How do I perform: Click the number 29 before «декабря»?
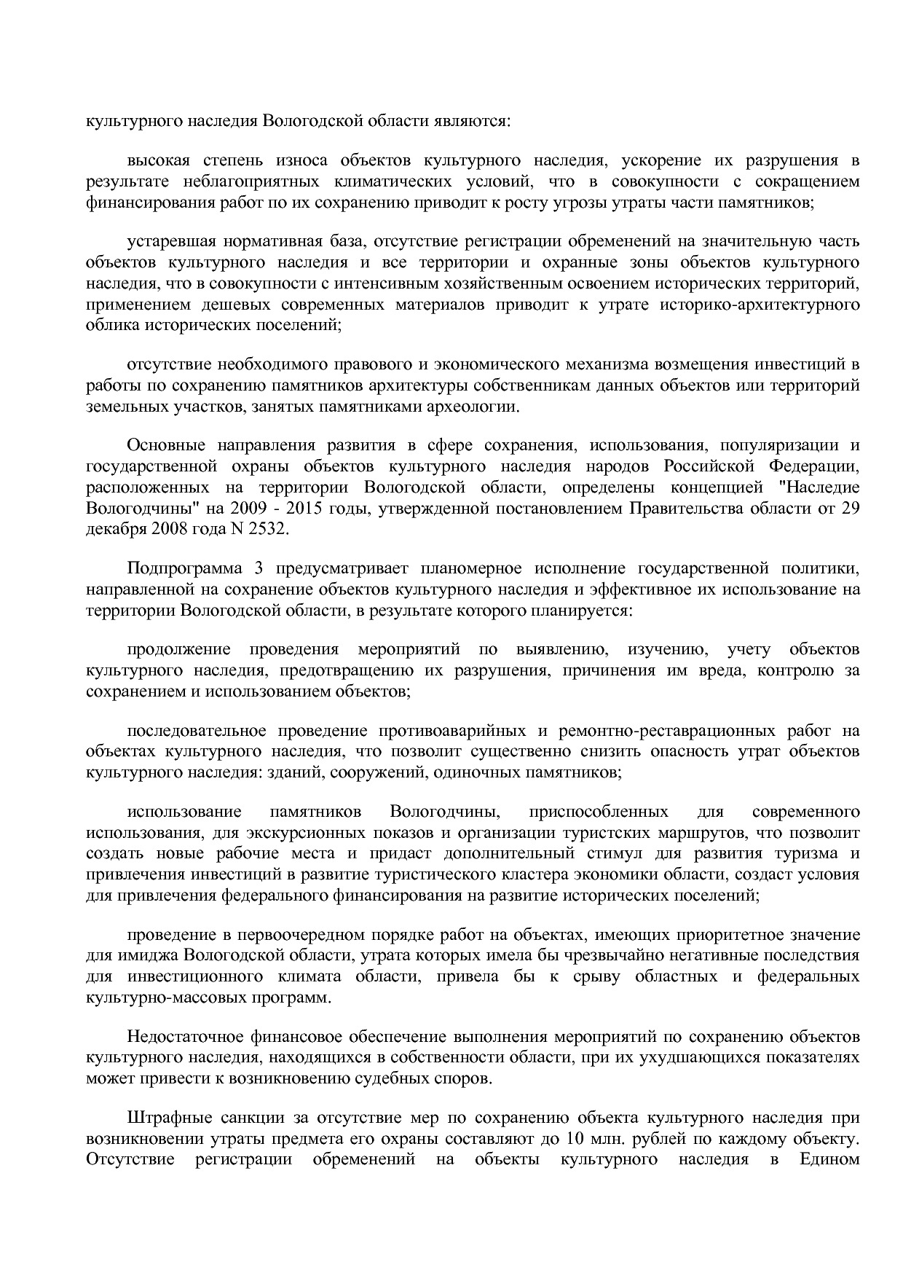(x=850, y=509)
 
